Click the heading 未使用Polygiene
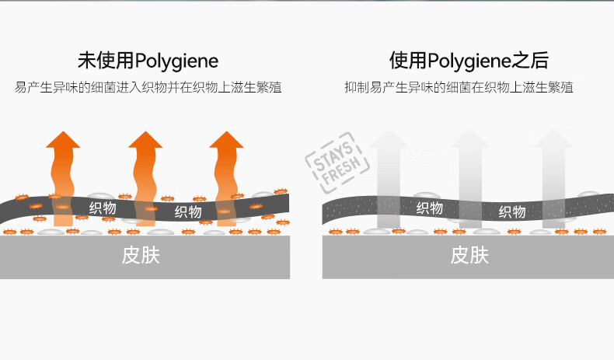click(148, 61)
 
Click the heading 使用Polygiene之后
click(469, 61)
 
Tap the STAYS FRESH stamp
click(337, 163)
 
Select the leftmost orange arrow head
click(63, 140)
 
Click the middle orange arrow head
click(145, 140)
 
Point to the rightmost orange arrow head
click(226, 140)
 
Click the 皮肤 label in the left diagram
click(141, 255)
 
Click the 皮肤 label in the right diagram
click(469, 255)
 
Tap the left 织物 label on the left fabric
click(103, 208)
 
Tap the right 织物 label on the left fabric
click(188, 212)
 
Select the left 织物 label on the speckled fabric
click(430, 208)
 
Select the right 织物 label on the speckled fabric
click(512, 212)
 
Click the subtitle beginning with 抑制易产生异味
click(459, 87)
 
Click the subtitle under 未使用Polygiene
click(148, 87)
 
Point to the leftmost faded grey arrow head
click(389, 139)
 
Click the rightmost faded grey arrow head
click(553, 139)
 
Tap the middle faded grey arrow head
click(470, 139)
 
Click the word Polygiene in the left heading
click(176, 61)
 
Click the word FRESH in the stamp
click(341, 170)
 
